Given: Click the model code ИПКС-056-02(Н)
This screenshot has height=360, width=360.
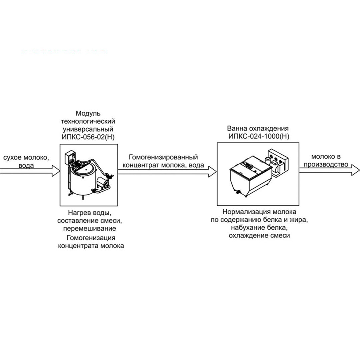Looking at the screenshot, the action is click(x=88, y=137).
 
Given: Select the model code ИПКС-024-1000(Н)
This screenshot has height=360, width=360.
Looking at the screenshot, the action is click(x=259, y=136).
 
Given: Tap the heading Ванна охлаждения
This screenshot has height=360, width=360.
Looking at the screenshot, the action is click(x=258, y=128).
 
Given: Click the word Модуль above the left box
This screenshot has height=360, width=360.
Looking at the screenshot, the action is click(x=88, y=113).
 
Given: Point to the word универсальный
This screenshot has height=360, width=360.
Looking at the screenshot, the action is click(x=88, y=129).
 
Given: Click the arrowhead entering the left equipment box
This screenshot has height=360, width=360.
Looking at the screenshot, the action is click(x=56, y=171).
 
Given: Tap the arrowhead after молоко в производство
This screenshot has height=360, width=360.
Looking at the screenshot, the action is click(x=356, y=170).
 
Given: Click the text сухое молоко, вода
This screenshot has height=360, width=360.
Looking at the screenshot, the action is click(x=26, y=161).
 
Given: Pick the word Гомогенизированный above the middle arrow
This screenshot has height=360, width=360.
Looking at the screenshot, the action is click(x=163, y=157).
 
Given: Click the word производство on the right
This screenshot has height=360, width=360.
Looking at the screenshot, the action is click(x=326, y=164).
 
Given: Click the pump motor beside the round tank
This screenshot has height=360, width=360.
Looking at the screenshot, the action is click(x=103, y=183).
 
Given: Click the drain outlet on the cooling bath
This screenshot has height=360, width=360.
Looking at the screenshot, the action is click(x=239, y=192).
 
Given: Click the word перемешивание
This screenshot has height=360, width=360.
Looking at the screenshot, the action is click(x=90, y=229).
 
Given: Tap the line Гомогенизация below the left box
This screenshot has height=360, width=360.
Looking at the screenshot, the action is click(x=91, y=238).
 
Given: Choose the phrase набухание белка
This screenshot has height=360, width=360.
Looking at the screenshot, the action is click(x=259, y=228).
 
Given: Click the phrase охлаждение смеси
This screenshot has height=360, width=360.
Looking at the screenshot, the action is click(x=259, y=236).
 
